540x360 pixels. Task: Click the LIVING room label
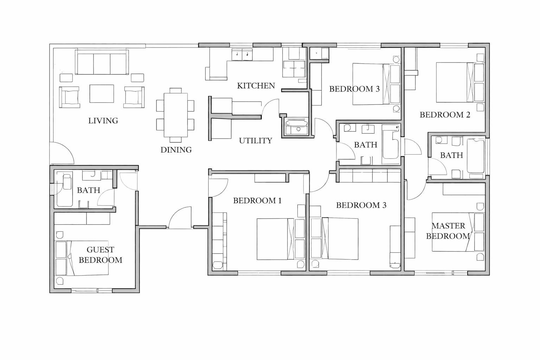point(103,121)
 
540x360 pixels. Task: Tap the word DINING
point(176,150)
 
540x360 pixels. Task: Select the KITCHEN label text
point(256,86)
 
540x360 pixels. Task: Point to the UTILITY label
point(256,141)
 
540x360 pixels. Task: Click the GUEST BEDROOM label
point(100,255)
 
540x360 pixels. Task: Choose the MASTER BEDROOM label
point(448,231)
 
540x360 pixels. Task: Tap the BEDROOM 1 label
point(257,201)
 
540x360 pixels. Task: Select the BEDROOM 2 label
point(445,115)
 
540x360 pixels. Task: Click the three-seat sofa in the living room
point(102,63)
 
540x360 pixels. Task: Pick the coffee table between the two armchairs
point(102,94)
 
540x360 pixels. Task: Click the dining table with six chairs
point(175,115)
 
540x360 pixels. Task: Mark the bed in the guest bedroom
point(88,258)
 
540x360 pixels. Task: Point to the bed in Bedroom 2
point(454,82)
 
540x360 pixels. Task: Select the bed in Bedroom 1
point(274,239)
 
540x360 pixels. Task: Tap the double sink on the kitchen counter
point(242,55)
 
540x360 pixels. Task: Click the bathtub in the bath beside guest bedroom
point(65,190)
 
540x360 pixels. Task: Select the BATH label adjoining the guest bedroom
point(89,190)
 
